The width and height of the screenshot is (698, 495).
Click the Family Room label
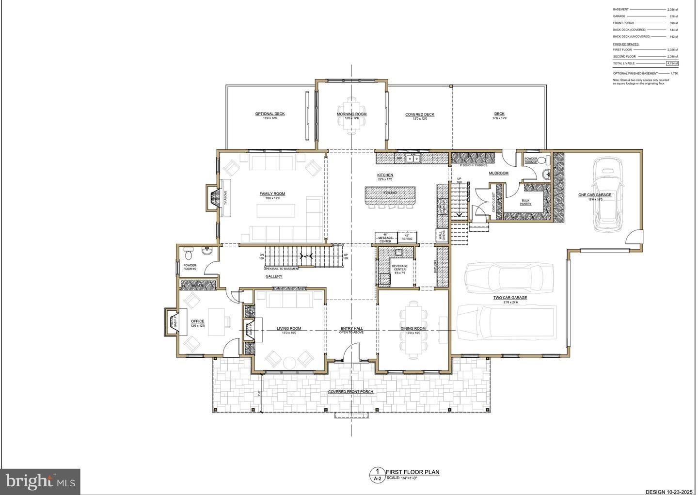click(272, 194)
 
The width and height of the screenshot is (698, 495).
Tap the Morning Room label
click(351, 114)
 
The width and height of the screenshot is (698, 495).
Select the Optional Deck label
click(270, 114)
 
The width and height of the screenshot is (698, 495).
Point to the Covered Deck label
click(420, 115)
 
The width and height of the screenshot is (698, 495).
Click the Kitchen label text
click(385, 175)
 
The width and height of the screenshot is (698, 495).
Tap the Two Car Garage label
click(510, 298)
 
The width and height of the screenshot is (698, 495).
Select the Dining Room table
click(413, 330)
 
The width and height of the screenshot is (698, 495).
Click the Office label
click(197, 321)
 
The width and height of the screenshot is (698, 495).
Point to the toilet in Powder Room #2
click(189, 253)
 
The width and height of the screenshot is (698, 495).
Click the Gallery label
click(274, 276)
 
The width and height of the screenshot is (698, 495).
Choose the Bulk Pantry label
click(525, 202)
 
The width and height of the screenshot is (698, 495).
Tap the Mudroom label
click(498, 173)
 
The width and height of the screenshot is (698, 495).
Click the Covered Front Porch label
click(350, 392)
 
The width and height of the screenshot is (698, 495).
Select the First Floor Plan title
click(412, 472)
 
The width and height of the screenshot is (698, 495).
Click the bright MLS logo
click(40, 481)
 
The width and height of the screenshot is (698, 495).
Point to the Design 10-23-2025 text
click(669, 491)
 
